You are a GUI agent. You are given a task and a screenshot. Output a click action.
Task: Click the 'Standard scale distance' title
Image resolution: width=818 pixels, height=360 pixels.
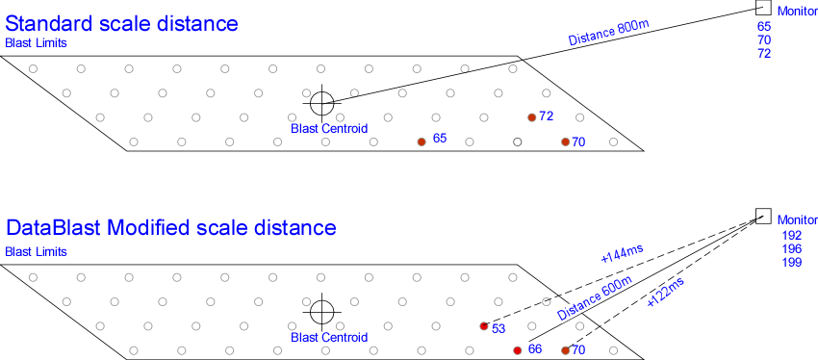[121, 21]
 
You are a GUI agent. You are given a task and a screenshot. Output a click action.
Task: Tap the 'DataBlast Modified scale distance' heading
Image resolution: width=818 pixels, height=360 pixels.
[170, 228]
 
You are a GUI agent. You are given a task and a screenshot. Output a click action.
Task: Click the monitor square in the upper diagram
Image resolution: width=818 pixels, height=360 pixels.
[762, 8]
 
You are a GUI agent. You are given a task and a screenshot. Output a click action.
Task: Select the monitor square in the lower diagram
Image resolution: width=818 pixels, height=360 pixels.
[762, 217]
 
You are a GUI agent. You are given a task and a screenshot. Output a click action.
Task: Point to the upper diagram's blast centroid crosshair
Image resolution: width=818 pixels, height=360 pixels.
[320, 102]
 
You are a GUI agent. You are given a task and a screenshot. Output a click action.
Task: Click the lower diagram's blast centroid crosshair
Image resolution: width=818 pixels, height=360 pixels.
[322, 311]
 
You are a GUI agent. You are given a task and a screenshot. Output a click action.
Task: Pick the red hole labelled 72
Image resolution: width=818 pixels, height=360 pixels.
[531, 116]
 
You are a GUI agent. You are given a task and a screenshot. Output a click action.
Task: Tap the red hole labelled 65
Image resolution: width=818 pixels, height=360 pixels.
[421, 141]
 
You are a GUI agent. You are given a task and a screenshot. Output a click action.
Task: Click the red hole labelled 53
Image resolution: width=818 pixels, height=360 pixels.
[483, 326]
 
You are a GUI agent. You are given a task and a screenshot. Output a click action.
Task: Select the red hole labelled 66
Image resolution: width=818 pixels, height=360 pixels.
[517, 349]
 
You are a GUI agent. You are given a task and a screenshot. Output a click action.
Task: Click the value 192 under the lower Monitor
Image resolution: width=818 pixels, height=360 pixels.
[792, 235]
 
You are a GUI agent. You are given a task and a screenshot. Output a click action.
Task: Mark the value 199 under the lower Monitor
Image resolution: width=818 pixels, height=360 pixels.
[792, 262]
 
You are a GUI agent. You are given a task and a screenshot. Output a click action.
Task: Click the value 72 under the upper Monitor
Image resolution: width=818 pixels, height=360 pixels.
[764, 54]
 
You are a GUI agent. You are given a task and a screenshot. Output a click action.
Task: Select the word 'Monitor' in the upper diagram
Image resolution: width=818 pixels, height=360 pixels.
[796, 10]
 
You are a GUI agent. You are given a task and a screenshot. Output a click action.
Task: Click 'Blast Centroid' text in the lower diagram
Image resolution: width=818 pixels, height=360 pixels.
[329, 337]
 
